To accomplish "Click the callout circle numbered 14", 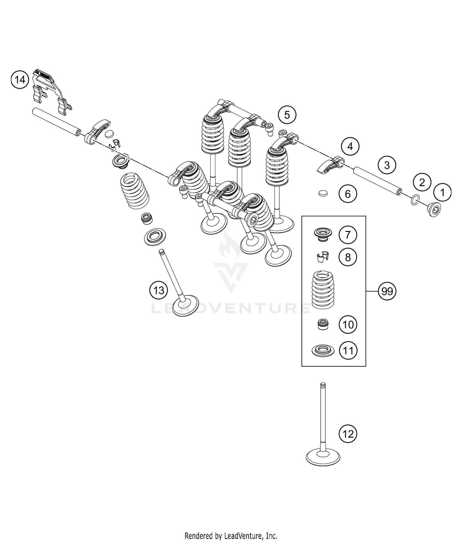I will pos(20,80).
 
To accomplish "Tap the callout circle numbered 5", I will pos(287,115).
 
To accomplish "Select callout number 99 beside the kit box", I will pos(387,291).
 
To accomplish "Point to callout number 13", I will pos(159,290).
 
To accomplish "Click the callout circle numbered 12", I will pos(348,434).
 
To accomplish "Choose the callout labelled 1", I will pos(442,192).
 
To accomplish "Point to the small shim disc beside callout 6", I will pos(322,193).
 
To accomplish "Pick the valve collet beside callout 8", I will pos(322,257).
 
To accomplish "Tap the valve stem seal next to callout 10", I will pos(322,324).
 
